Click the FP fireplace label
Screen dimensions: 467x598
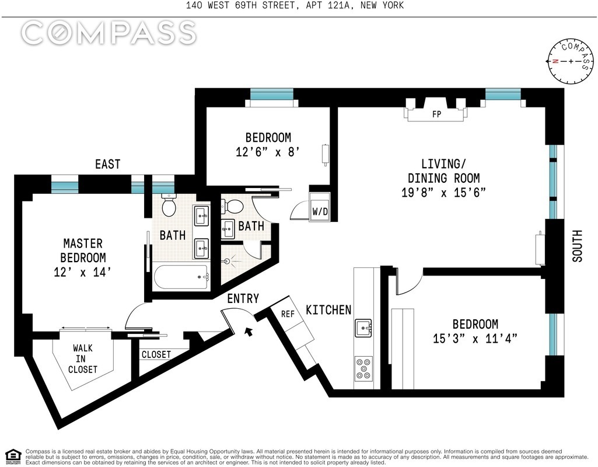(x=436, y=114)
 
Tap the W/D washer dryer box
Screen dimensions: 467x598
(x=320, y=211)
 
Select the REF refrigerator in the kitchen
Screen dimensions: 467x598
(x=288, y=314)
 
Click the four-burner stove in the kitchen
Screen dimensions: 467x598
(x=364, y=369)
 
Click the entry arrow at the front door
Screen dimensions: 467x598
(x=249, y=332)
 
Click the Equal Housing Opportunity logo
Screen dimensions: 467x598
(x=13, y=455)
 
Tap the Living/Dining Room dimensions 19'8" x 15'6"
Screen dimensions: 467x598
(x=444, y=193)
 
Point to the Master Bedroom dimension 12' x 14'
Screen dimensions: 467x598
(x=84, y=271)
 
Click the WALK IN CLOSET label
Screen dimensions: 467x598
(x=82, y=358)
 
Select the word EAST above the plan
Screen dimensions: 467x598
(x=108, y=165)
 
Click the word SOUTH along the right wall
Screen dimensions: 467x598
(x=577, y=246)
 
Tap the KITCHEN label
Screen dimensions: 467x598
(x=329, y=309)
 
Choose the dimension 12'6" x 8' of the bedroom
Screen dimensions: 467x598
(x=268, y=152)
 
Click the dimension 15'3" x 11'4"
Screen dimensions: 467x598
(x=475, y=338)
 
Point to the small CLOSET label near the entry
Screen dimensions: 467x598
(x=156, y=354)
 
